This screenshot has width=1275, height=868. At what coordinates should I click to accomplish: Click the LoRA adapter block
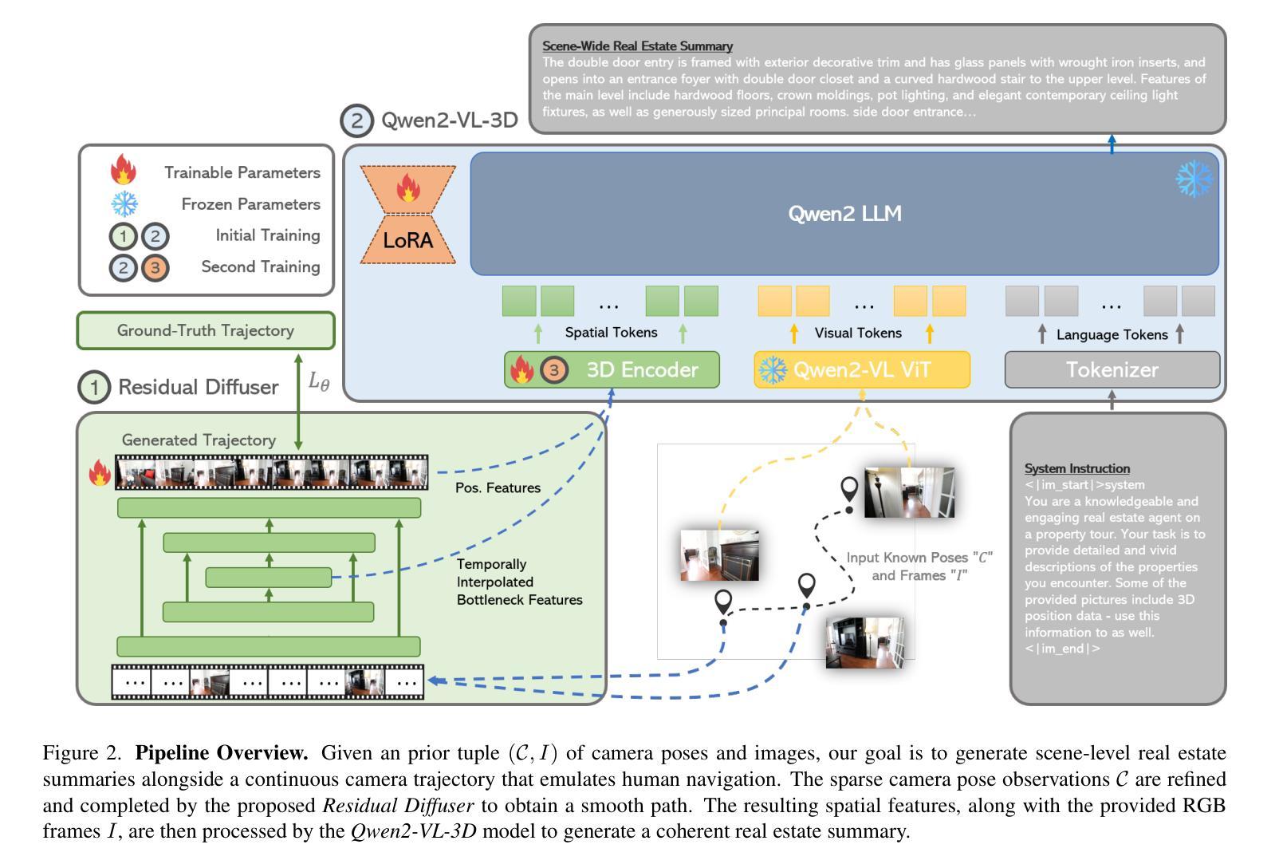407,215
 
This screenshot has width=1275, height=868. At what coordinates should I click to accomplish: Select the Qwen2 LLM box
844,214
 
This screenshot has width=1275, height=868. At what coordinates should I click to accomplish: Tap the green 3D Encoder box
612,370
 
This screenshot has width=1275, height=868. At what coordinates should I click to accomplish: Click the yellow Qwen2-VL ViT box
862,370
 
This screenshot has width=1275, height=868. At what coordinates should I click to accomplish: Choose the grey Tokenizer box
1112,370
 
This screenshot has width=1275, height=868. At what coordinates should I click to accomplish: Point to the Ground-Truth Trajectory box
205,330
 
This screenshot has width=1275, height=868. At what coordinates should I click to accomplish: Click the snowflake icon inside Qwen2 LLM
1194,179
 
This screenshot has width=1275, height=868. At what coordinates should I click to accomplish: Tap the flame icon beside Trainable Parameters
123,171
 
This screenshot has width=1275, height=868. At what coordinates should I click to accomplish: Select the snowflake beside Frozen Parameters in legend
124,204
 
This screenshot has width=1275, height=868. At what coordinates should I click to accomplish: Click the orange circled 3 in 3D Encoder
554,370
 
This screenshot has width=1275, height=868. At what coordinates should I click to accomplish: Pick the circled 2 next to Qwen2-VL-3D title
356,120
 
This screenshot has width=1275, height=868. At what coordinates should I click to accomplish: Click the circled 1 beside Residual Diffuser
94,388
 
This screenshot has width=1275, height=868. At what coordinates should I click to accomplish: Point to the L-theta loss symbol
318,381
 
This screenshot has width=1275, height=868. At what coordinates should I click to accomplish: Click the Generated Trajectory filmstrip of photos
271,472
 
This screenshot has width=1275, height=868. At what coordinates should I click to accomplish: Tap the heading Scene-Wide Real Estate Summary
637,46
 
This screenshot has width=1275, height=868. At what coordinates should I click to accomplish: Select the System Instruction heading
1076,468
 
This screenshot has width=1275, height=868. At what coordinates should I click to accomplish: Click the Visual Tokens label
858,333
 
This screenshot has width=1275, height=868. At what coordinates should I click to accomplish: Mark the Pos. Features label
498,487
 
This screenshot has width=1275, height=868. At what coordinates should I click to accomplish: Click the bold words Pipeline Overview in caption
222,753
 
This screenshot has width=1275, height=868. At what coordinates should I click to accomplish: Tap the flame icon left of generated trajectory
100,473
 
